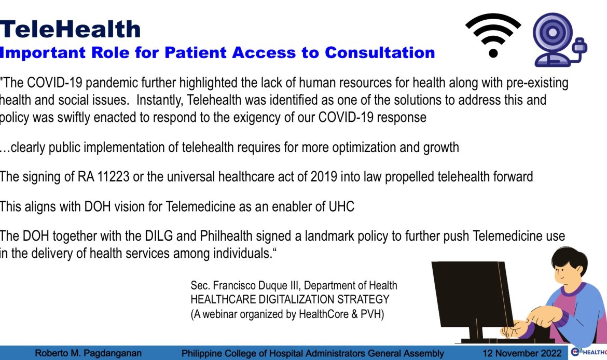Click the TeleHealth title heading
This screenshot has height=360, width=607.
coord(70,29)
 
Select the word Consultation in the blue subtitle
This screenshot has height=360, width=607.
coord(380,52)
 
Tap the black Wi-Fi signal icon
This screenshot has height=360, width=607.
coord(493,35)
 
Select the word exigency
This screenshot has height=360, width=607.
coord(265,117)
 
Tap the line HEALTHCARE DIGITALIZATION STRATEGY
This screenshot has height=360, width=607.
coord(290,300)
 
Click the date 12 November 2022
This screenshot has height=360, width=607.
coord(521,354)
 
